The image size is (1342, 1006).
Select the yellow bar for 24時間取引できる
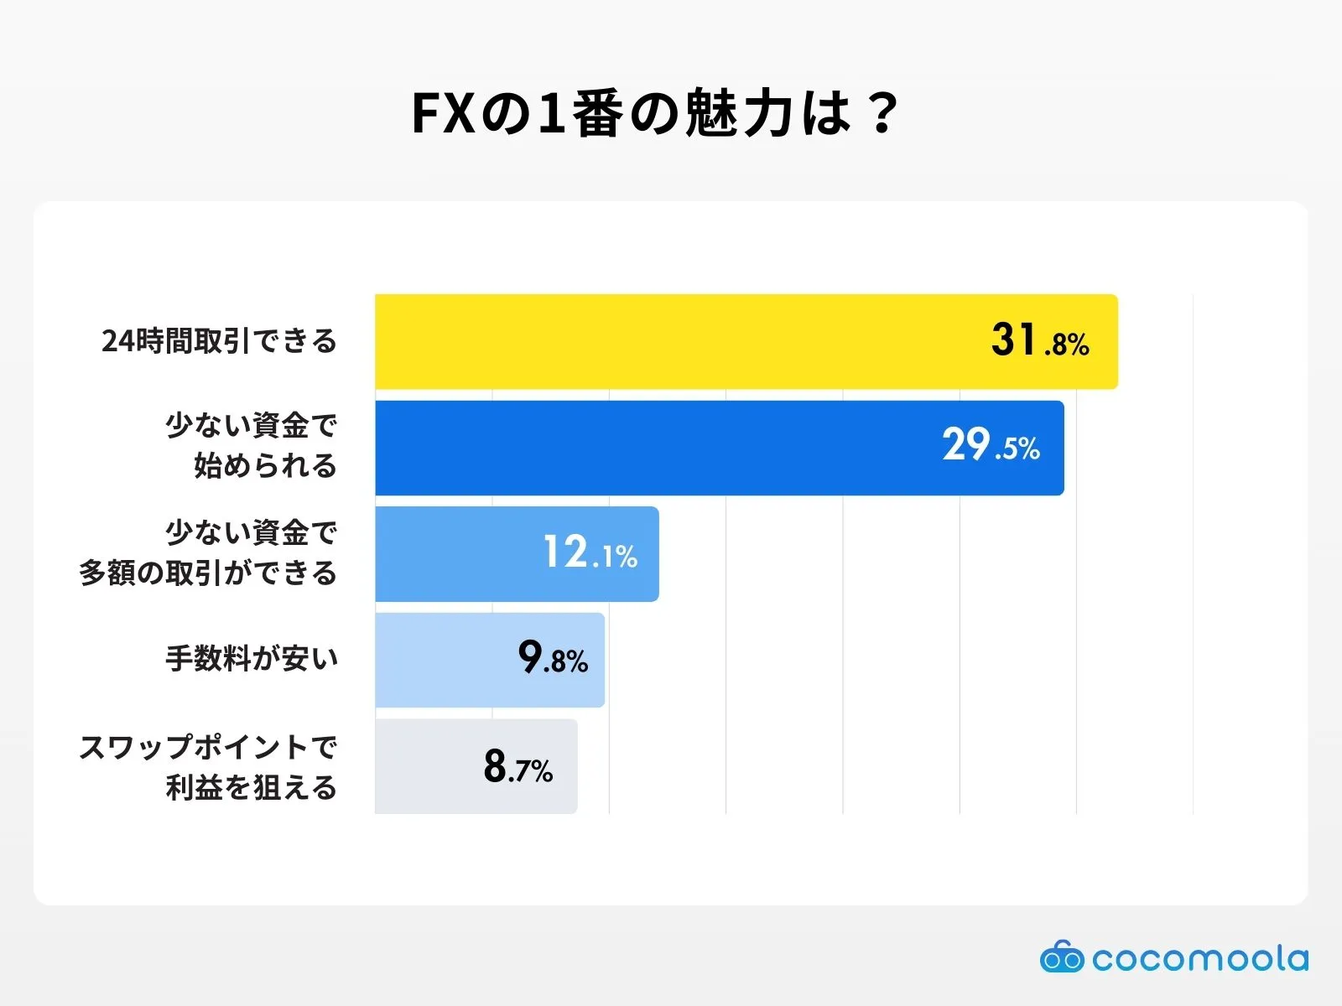click(x=671, y=341)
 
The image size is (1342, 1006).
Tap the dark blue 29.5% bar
click(x=654, y=448)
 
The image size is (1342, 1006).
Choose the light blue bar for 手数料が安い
click(x=445, y=660)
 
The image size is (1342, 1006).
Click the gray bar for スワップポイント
click(x=428, y=766)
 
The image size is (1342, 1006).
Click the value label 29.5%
click(x=991, y=445)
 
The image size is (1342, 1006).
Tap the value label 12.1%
click(x=590, y=553)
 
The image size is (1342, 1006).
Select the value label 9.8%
click(x=553, y=658)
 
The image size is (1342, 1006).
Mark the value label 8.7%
click(x=518, y=766)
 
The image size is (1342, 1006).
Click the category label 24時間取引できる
click(x=219, y=341)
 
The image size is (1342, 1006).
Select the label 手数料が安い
click(x=252, y=659)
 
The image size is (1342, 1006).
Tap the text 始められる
click(x=265, y=465)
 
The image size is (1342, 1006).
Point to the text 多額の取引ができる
click(x=208, y=573)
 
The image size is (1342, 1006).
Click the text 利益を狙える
click(x=252, y=787)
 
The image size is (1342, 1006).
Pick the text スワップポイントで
click(x=208, y=746)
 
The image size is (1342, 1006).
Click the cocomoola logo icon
click(x=1062, y=957)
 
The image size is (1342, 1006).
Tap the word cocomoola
click(x=1200, y=958)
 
